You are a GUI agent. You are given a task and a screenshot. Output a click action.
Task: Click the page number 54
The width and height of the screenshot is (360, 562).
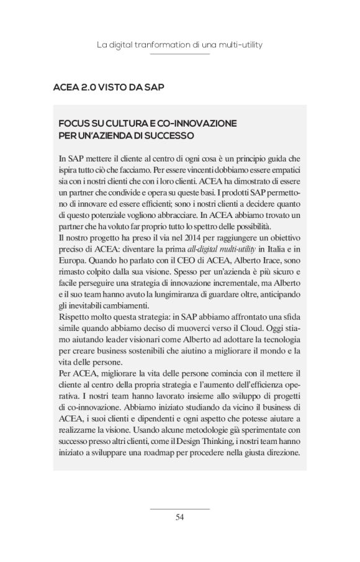click(180, 517)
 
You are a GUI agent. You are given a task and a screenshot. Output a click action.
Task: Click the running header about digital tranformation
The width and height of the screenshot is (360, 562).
click(179, 45)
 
